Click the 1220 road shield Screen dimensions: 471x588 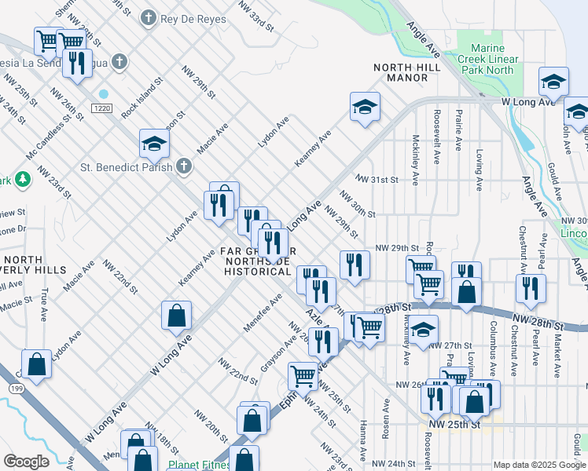pyautogui.click(x=101, y=107)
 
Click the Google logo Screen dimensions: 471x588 pyautogui.click(x=26, y=462)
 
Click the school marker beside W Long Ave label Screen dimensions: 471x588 pyautogui.click(x=553, y=82)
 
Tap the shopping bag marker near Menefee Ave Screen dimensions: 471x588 pyautogui.click(x=177, y=315)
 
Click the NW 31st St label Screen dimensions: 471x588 pyautogui.click(x=377, y=180)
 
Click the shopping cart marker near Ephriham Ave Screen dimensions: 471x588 pyautogui.click(x=303, y=376)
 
